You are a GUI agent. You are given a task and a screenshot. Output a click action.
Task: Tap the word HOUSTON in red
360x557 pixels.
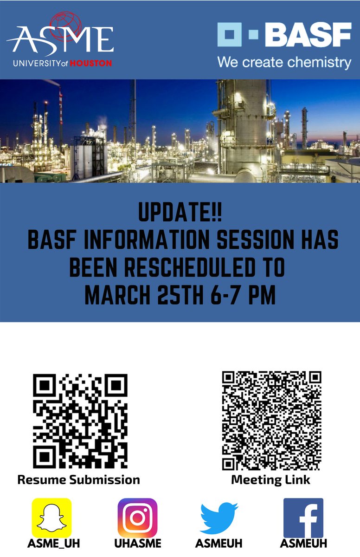(x=90, y=63)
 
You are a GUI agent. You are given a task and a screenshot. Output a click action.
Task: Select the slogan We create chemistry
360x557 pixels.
(x=284, y=62)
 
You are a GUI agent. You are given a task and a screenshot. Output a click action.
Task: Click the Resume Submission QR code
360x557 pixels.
(x=80, y=421)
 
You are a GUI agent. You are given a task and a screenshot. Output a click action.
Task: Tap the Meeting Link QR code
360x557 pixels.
(x=271, y=421)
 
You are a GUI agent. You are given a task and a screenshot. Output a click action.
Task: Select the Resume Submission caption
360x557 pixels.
(x=78, y=479)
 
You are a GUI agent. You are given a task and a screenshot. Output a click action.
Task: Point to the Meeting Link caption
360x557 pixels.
(x=270, y=479)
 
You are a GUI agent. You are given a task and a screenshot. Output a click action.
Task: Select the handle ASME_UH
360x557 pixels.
(x=51, y=543)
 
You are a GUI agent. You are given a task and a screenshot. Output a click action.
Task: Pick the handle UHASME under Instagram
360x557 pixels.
(x=138, y=543)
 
